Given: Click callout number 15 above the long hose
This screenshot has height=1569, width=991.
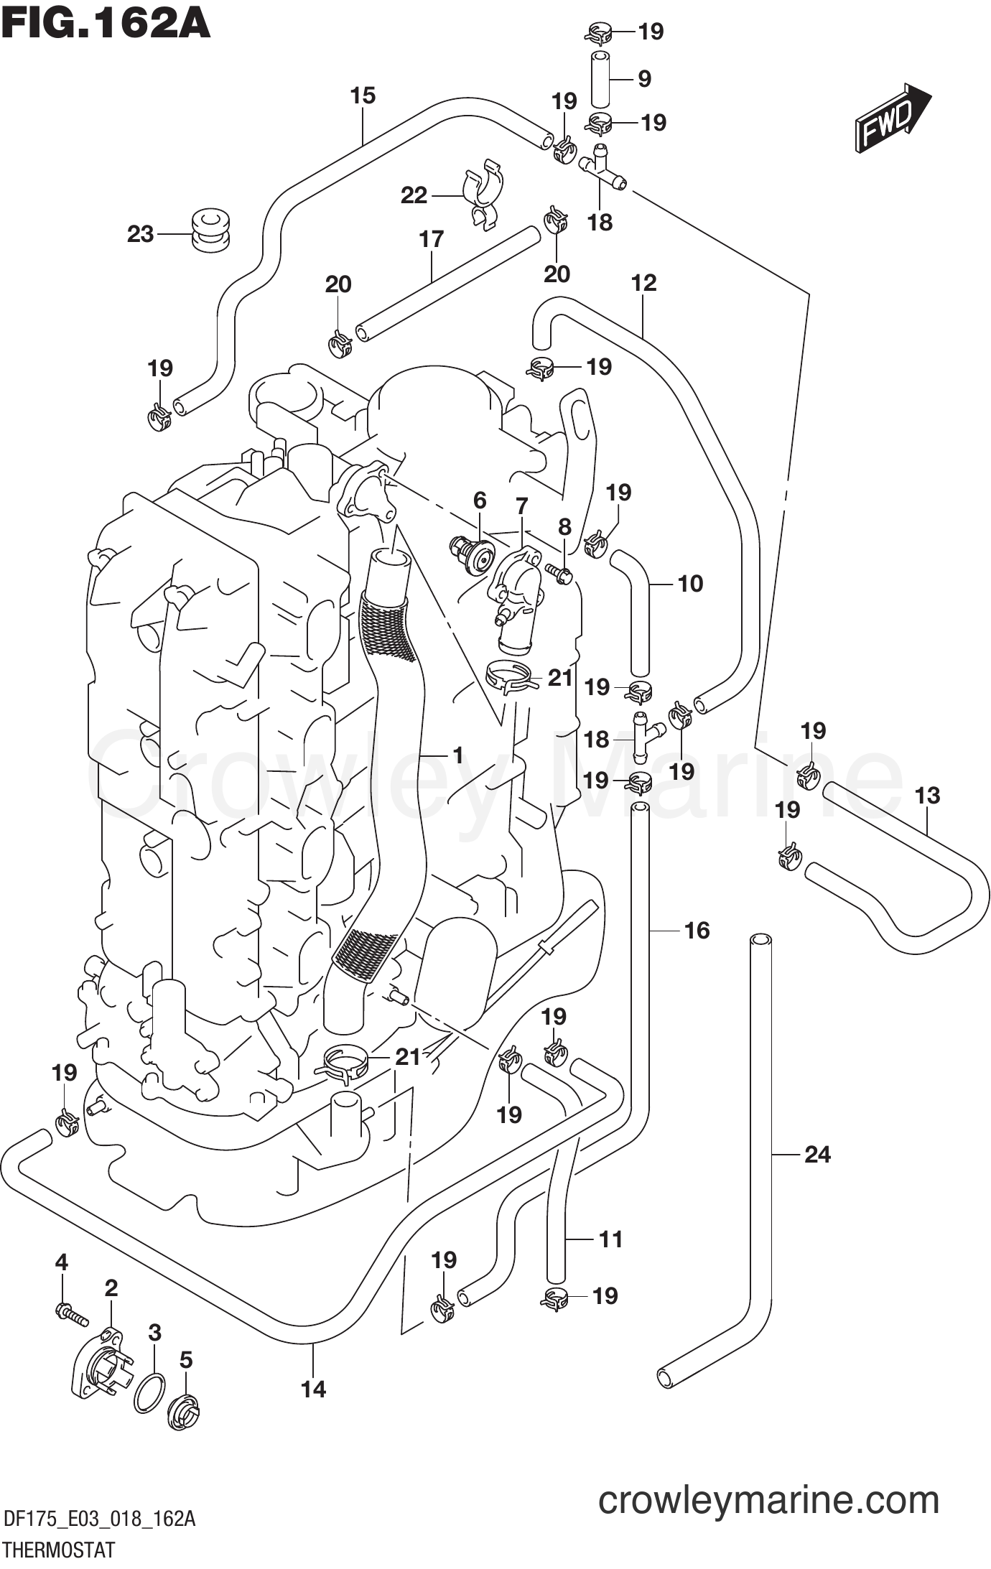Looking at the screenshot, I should [x=363, y=96].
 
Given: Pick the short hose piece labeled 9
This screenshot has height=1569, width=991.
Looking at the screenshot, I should [x=600, y=78].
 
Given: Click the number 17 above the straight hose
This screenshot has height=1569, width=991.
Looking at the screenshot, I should [x=431, y=239].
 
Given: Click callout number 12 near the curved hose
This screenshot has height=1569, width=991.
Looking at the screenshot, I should [x=643, y=283].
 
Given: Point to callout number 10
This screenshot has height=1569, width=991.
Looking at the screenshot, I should [x=689, y=583].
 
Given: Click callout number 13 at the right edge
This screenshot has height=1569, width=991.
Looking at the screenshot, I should [x=927, y=795].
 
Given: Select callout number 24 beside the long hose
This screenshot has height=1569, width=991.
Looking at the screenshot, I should [x=817, y=1154].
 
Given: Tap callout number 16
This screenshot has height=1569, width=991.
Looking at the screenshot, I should [x=696, y=930].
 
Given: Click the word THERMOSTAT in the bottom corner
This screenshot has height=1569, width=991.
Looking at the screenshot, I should [x=59, y=1550].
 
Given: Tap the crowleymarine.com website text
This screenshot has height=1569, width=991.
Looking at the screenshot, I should [x=768, y=1500].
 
